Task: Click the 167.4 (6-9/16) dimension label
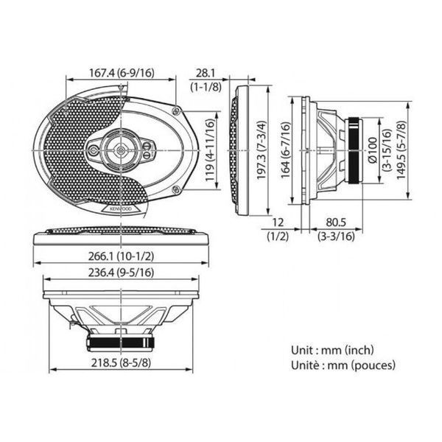[x=122, y=73]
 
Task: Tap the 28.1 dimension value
[x=206, y=73]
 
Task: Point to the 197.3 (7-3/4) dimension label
[x=262, y=150]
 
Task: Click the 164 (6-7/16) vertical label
[x=286, y=150]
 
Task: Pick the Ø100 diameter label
[x=373, y=150]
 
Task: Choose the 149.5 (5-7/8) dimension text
[x=401, y=150]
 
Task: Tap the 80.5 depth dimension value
[x=336, y=222]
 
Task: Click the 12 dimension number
[x=278, y=222]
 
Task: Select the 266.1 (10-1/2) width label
[x=122, y=256]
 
